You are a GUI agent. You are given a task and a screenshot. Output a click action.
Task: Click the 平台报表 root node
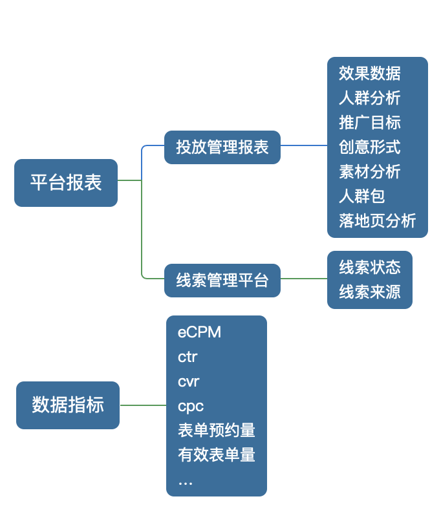pyautogui.click(x=66, y=183)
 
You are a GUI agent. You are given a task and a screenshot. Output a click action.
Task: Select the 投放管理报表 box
pyautogui.click(x=222, y=147)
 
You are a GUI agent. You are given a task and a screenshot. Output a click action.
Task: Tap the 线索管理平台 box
pyautogui.click(x=222, y=281)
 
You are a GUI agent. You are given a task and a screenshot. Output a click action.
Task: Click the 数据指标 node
pyautogui.click(x=68, y=405)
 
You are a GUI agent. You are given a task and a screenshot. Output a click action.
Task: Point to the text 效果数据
pyautogui.click(x=369, y=73)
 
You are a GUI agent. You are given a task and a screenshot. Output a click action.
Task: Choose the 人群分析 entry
pyautogui.click(x=369, y=98)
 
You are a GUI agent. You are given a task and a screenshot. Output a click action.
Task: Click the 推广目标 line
pyautogui.click(x=369, y=122)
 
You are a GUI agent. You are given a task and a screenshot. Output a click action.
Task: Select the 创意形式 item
pyautogui.click(x=369, y=147)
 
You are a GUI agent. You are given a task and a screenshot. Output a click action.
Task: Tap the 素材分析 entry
pyautogui.click(x=369, y=171)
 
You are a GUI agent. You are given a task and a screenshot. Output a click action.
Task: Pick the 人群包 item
pyautogui.click(x=361, y=196)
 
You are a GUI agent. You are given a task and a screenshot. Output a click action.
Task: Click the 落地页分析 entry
pyautogui.click(x=377, y=220)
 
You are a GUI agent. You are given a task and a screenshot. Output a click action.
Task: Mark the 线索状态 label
pyautogui.click(x=369, y=267)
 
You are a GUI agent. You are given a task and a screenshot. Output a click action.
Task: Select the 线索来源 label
pyautogui.click(x=369, y=292)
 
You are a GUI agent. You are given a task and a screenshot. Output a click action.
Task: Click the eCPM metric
pyautogui.click(x=199, y=332)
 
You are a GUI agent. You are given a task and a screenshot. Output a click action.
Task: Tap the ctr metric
pyautogui.click(x=188, y=357)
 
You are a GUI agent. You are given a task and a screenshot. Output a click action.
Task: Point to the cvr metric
pyautogui.click(x=188, y=381)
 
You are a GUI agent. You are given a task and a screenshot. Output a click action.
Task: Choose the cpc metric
pyautogui.click(x=190, y=406)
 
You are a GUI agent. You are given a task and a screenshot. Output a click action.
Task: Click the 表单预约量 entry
pyautogui.click(x=216, y=431)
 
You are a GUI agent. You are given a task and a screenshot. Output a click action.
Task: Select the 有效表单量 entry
pyautogui.click(x=216, y=455)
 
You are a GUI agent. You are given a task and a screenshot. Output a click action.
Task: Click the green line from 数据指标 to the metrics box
pyautogui.click(x=143, y=405)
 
